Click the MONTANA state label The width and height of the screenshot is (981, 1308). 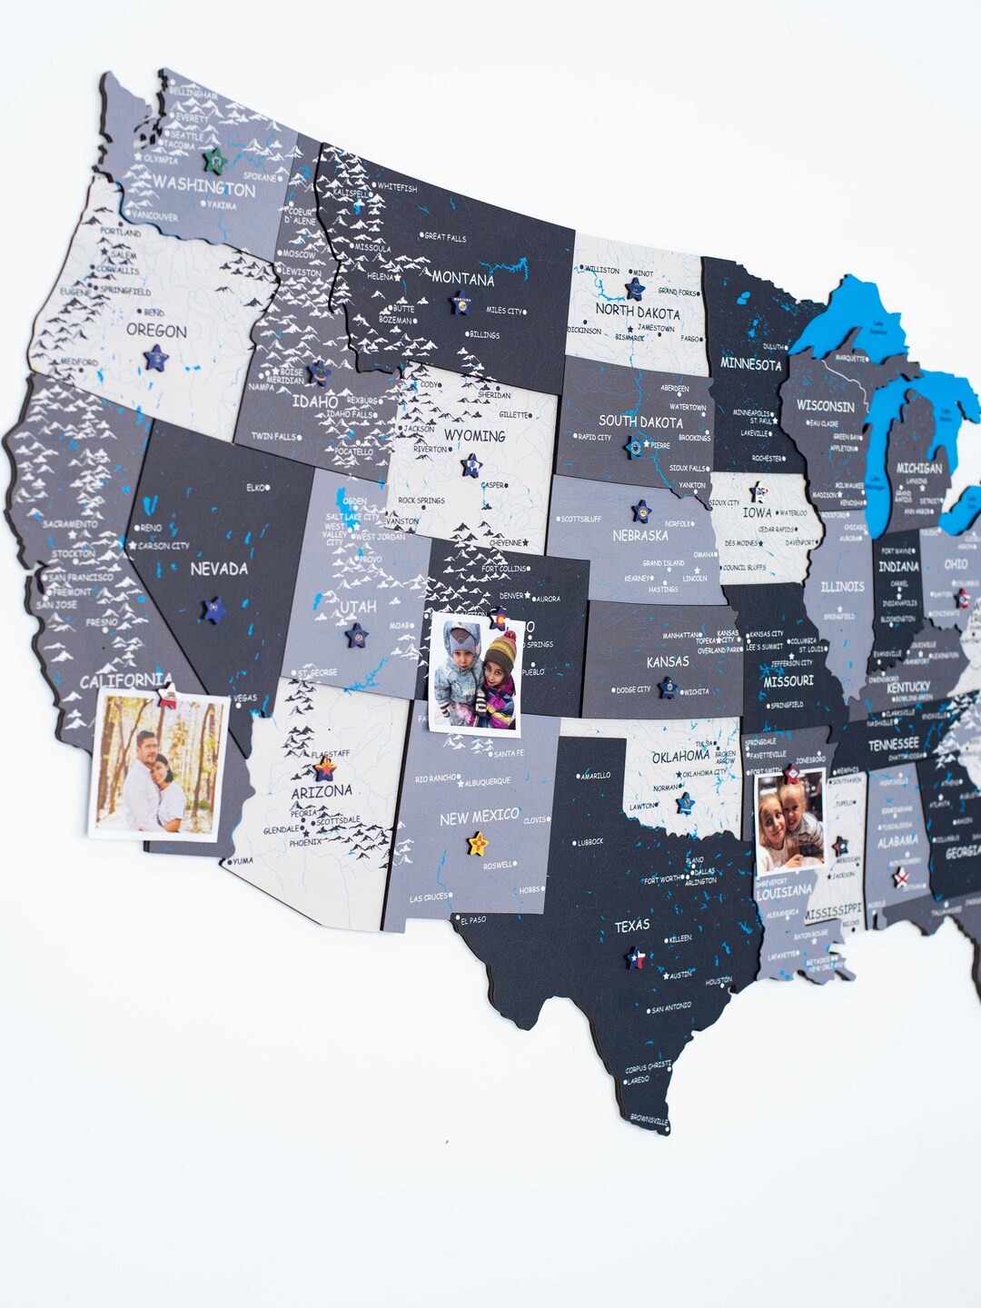[x=462, y=279]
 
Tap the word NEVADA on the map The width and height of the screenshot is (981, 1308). [x=219, y=569]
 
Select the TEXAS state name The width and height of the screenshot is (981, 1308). [x=632, y=926]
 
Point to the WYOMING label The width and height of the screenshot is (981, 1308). [x=474, y=436]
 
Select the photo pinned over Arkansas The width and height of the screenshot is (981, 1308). [x=790, y=822]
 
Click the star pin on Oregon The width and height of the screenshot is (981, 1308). [x=156, y=357]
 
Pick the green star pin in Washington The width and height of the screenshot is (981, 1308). [x=215, y=161]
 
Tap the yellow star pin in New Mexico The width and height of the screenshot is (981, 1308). [x=477, y=844]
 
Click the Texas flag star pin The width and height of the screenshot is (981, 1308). [x=637, y=957]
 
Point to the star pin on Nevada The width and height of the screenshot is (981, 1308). [x=214, y=609]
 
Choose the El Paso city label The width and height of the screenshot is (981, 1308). [x=473, y=919]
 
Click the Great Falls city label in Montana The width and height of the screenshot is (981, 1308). [x=445, y=237]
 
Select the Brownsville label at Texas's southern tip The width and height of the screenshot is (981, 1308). [x=649, y=1120]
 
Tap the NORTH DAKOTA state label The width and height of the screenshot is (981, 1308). [x=638, y=312]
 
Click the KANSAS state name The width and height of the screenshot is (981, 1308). [x=668, y=661]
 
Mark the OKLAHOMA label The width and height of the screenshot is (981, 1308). [x=680, y=756]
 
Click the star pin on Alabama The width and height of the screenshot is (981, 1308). [x=900, y=877]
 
